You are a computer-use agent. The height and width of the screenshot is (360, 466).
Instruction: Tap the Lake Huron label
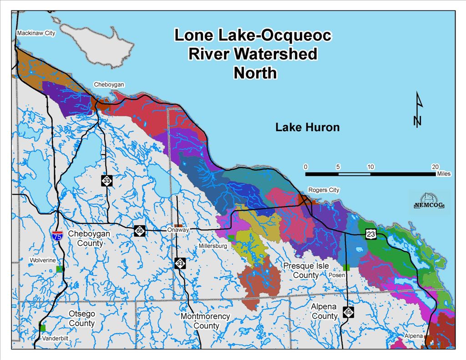(307, 127)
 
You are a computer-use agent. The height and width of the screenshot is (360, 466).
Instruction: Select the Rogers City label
(324, 190)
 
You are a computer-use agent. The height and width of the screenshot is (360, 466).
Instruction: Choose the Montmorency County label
(205, 321)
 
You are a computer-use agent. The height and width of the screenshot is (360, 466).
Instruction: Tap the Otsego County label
(81, 318)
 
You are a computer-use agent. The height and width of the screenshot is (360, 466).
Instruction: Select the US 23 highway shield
(371, 233)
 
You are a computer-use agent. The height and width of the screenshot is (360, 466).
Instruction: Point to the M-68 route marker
(140, 231)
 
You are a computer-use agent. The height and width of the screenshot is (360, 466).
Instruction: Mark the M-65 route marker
(348, 313)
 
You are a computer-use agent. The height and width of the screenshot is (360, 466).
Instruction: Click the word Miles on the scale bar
(443, 174)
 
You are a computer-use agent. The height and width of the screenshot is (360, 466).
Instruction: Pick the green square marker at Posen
(347, 268)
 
